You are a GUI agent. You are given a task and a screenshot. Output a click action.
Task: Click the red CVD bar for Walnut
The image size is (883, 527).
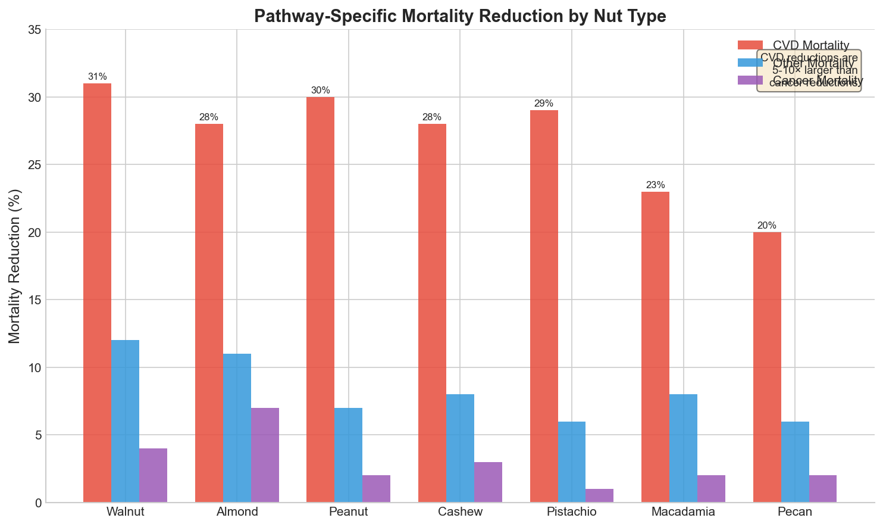97,292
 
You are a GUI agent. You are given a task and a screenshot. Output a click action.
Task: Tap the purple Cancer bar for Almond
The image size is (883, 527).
265,455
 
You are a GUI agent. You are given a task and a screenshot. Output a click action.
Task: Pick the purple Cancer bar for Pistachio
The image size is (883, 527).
599,495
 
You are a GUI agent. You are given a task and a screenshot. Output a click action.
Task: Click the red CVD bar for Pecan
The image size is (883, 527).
767,367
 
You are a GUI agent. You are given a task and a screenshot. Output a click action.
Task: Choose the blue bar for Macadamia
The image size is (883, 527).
683,448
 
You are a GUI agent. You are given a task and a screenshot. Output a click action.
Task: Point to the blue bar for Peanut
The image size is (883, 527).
348,455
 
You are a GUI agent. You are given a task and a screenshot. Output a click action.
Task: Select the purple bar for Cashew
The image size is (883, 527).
488,482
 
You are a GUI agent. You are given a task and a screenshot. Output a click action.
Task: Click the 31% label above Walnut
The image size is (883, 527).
97,77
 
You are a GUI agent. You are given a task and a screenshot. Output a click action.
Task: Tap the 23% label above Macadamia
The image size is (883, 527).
655,185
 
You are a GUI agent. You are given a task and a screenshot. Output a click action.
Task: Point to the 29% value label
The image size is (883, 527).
543,104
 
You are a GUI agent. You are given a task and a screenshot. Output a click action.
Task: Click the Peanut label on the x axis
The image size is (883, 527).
348,512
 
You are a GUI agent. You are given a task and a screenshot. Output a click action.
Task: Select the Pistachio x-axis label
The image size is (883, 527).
571,512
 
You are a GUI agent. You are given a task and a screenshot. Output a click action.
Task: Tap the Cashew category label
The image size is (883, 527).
459,512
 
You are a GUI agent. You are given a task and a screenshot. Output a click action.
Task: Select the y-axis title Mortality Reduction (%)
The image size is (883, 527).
15,266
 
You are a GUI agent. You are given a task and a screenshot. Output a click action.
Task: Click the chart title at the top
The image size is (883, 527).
459,16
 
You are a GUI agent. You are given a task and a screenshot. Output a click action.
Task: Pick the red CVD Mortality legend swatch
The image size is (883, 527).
750,45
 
